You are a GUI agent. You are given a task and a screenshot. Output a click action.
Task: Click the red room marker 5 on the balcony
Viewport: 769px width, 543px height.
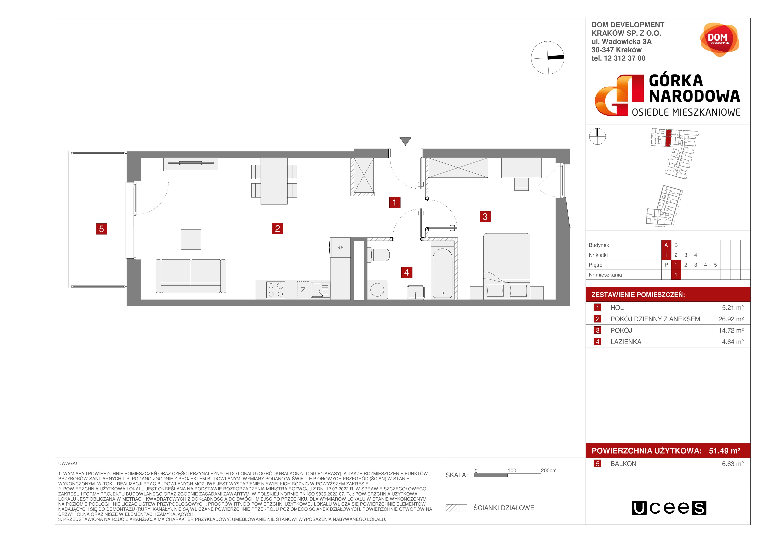(102, 229)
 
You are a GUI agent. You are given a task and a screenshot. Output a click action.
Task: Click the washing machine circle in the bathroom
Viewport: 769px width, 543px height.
(377, 290)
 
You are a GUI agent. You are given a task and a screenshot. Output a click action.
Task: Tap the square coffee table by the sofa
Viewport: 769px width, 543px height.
(191, 239)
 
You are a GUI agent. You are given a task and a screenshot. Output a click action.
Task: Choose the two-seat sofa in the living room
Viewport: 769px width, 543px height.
(191, 276)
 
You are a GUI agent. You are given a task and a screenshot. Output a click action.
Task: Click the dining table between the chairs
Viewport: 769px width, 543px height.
(274, 181)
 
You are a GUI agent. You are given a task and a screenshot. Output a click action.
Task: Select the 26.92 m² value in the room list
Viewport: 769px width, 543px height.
(731, 319)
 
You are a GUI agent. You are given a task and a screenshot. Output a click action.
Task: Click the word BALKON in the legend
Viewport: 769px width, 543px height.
(623, 464)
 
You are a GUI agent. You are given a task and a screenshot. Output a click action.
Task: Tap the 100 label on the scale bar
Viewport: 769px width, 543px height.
(512, 470)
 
